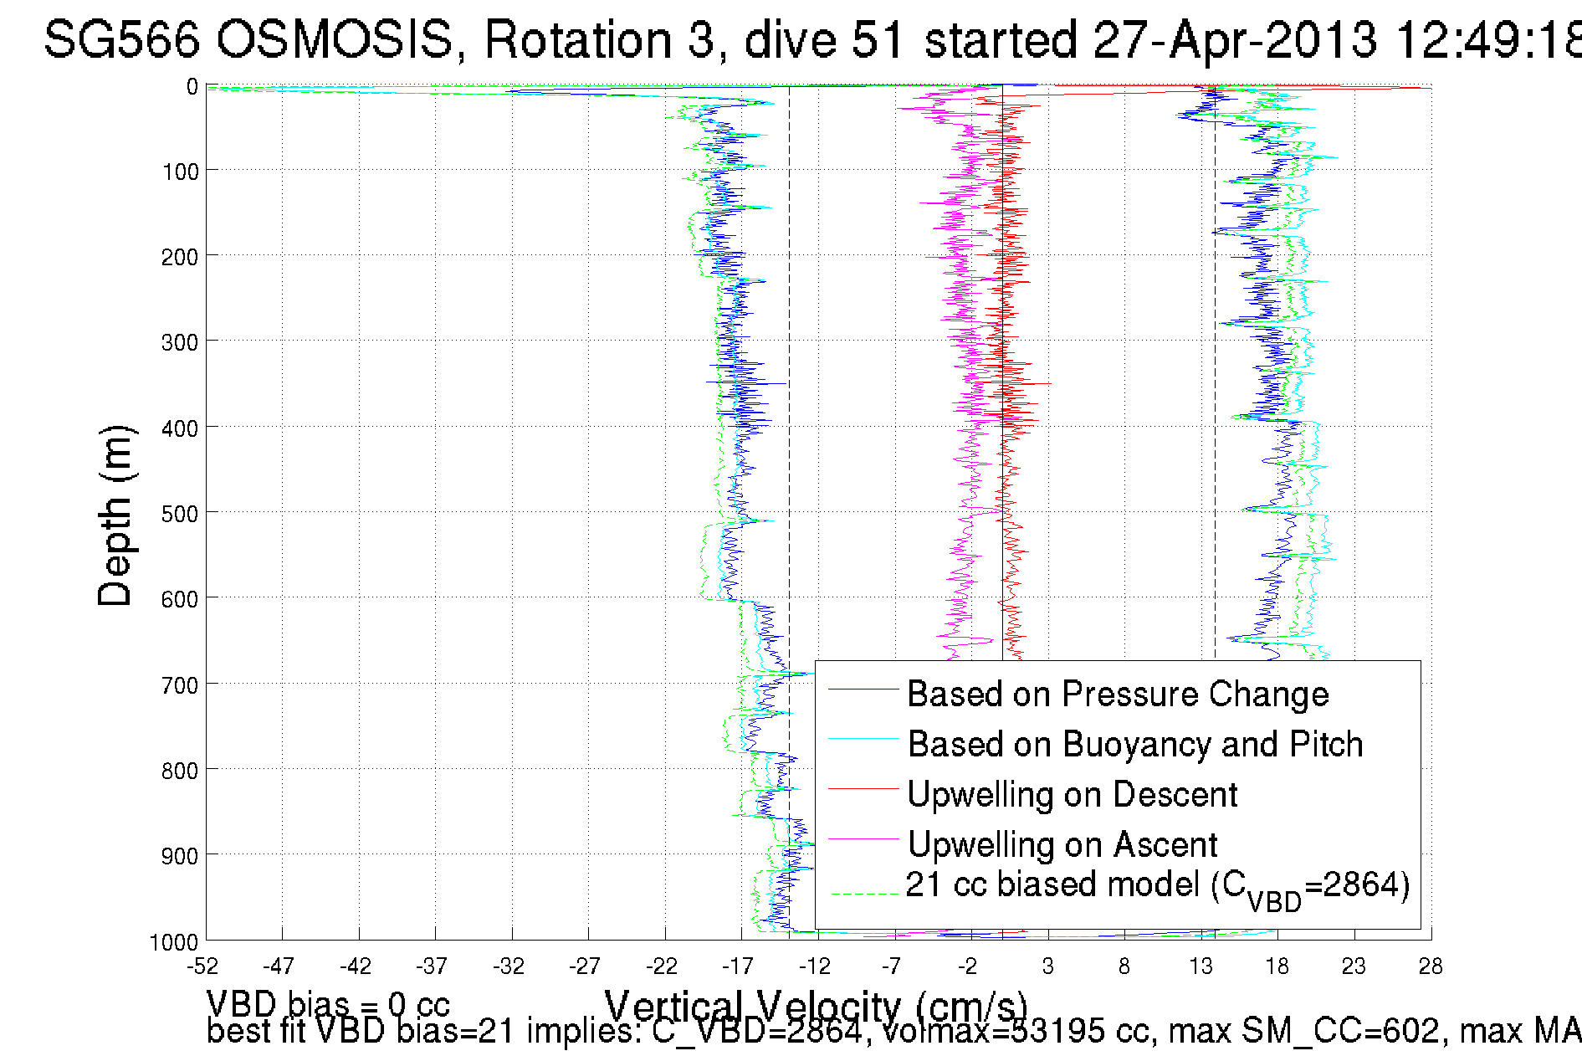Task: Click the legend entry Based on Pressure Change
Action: click(x=1118, y=695)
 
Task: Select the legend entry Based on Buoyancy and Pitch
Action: click(x=1134, y=745)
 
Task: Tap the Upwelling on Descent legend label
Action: click(x=1072, y=795)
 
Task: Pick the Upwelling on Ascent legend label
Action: click(x=1062, y=845)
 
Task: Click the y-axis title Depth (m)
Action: click(x=115, y=515)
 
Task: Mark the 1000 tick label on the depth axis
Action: click(x=174, y=943)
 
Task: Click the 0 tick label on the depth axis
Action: click(x=192, y=87)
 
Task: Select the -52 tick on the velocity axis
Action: click(x=202, y=967)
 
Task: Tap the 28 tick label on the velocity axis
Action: click(x=1430, y=967)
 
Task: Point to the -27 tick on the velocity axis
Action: click(x=585, y=967)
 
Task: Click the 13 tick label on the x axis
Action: click(x=1201, y=967)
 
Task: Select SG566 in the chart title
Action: click(x=121, y=39)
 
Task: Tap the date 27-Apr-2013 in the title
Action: click(x=1235, y=39)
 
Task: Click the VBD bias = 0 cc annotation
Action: click(x=327, y=1004)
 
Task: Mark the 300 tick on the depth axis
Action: click(x=179, y=342)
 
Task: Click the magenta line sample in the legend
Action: click(x=863, y=839)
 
